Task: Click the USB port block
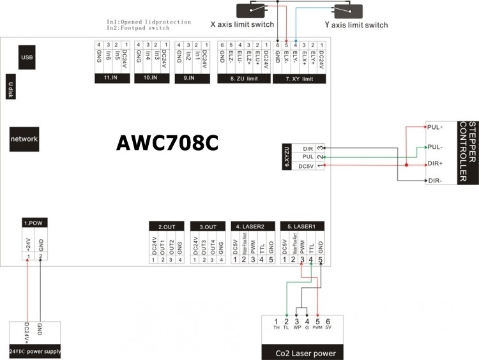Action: coord(27,57)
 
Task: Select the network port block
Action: coord(24,139)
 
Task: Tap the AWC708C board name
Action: coord(167,142)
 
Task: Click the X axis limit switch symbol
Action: coord(255,11)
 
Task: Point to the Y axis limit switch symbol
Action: coord(345,11)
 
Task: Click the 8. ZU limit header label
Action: coord(243,79)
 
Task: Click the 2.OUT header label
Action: coord(166,226)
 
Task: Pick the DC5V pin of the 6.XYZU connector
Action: coord(306,167)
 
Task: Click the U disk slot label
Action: coord(11,87)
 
